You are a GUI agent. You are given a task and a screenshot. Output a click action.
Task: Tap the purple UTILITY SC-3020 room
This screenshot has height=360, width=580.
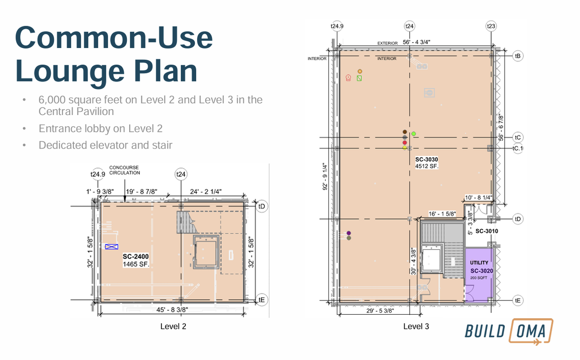click(x=479, y=275)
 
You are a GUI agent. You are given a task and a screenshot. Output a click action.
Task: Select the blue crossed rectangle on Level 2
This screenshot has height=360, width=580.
click(x=111, y=247)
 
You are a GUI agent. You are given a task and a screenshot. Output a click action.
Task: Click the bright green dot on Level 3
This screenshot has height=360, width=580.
click(x=414, y=134)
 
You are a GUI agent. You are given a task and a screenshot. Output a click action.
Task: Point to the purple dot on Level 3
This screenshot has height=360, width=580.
click(x=348, y=233)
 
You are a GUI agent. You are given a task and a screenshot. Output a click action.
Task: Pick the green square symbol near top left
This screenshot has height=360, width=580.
click(x=359, y=78)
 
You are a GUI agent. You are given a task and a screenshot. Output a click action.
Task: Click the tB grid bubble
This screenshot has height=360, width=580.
click(x=517, y=56)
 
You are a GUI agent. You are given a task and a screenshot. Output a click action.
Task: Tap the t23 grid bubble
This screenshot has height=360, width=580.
click(x=491, y=26)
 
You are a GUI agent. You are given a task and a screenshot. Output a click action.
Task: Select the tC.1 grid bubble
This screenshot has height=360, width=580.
click(x=517, y=148)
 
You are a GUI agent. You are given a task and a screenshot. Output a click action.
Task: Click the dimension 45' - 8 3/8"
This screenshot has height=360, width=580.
click(x=172, y=310)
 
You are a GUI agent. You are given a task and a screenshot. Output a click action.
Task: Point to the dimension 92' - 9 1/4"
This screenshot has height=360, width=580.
click(x=325, y=176)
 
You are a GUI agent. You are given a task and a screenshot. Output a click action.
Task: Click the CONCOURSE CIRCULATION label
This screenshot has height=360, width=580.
click(x=124, y=170)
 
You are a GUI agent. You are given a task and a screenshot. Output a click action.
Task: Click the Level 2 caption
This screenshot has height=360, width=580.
click(x=173, y=326)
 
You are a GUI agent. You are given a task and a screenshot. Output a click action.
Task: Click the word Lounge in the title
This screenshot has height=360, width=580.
click(x=70, y=71)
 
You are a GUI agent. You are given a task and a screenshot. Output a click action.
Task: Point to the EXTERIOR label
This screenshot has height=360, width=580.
click(x=387, y=43)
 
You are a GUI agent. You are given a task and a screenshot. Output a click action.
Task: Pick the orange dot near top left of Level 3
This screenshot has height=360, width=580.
click(x=360, y=71)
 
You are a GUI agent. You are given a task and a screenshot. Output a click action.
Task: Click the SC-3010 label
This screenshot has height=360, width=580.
click(x=487, y=231)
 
